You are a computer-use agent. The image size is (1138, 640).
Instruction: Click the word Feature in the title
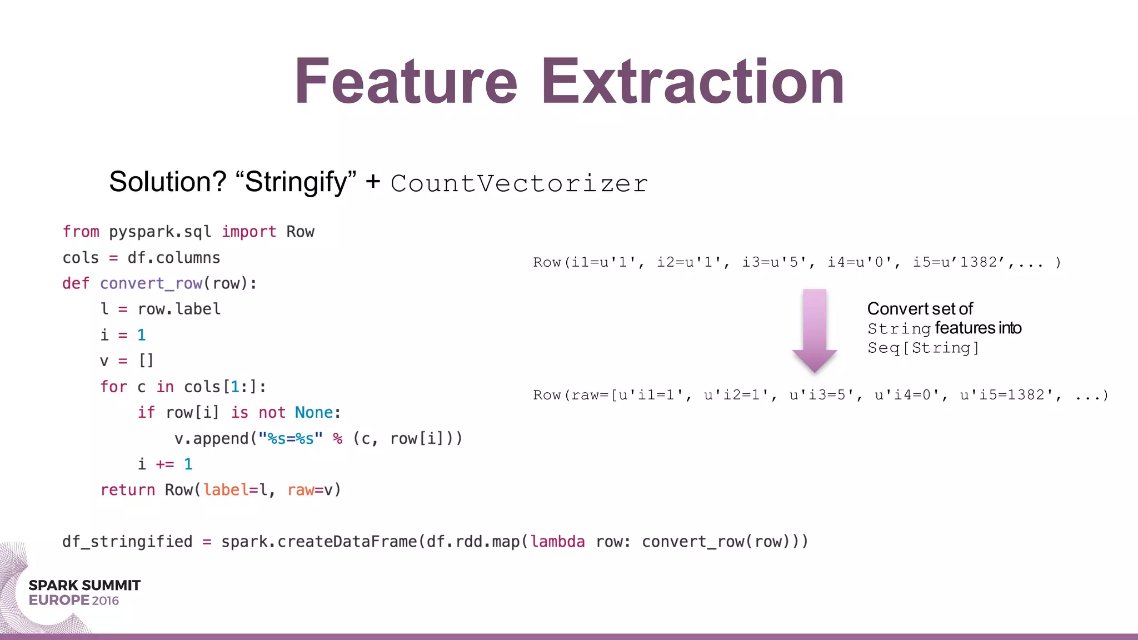pyautogui.click(x=406, y=82)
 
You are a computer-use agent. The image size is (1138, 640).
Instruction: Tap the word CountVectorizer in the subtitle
pyautogui.click(x=519, y=183)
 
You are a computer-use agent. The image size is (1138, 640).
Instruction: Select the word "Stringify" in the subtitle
pyautogui.click(x=296, y=182)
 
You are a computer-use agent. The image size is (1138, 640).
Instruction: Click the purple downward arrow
pyautogui.click(x=815, y=330)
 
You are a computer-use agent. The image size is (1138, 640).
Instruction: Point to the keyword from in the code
pyautogui.click(x=81, y=231)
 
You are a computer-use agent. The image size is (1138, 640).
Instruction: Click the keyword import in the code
pyautogui.click(x=249, y=231)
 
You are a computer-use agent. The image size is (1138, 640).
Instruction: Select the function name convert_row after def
pyautogui.click(x=151, y=283)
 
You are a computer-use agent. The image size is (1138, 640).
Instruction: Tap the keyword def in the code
pyautogui.click(x=76, y=283)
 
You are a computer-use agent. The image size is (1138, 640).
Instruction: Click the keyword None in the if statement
pyautogui.click(x=313, y=412)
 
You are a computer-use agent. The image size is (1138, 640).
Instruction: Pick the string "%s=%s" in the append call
pyautogui.click(x=290, y=438)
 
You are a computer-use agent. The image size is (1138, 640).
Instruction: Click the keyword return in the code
pyautogui.click(x=127, y=489)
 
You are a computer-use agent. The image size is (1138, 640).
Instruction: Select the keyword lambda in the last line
pyautogui.click(x=557, y=541)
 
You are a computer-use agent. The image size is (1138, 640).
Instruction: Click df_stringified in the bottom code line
pyautogui.click(x=127, y=541)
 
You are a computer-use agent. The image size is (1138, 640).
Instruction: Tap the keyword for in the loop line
pyautogui.click(x=113, y=387)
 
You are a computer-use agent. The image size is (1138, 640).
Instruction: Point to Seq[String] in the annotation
pyautogui.click(x=923, y=348)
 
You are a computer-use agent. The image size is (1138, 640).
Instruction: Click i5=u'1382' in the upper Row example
pyautogui.click(x=959, y=262)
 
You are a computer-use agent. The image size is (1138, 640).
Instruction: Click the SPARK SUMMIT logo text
pyautogui.click(x=84, y=585)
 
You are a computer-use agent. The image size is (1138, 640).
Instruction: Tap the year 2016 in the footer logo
pyautogui.click(x=106, y=601)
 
